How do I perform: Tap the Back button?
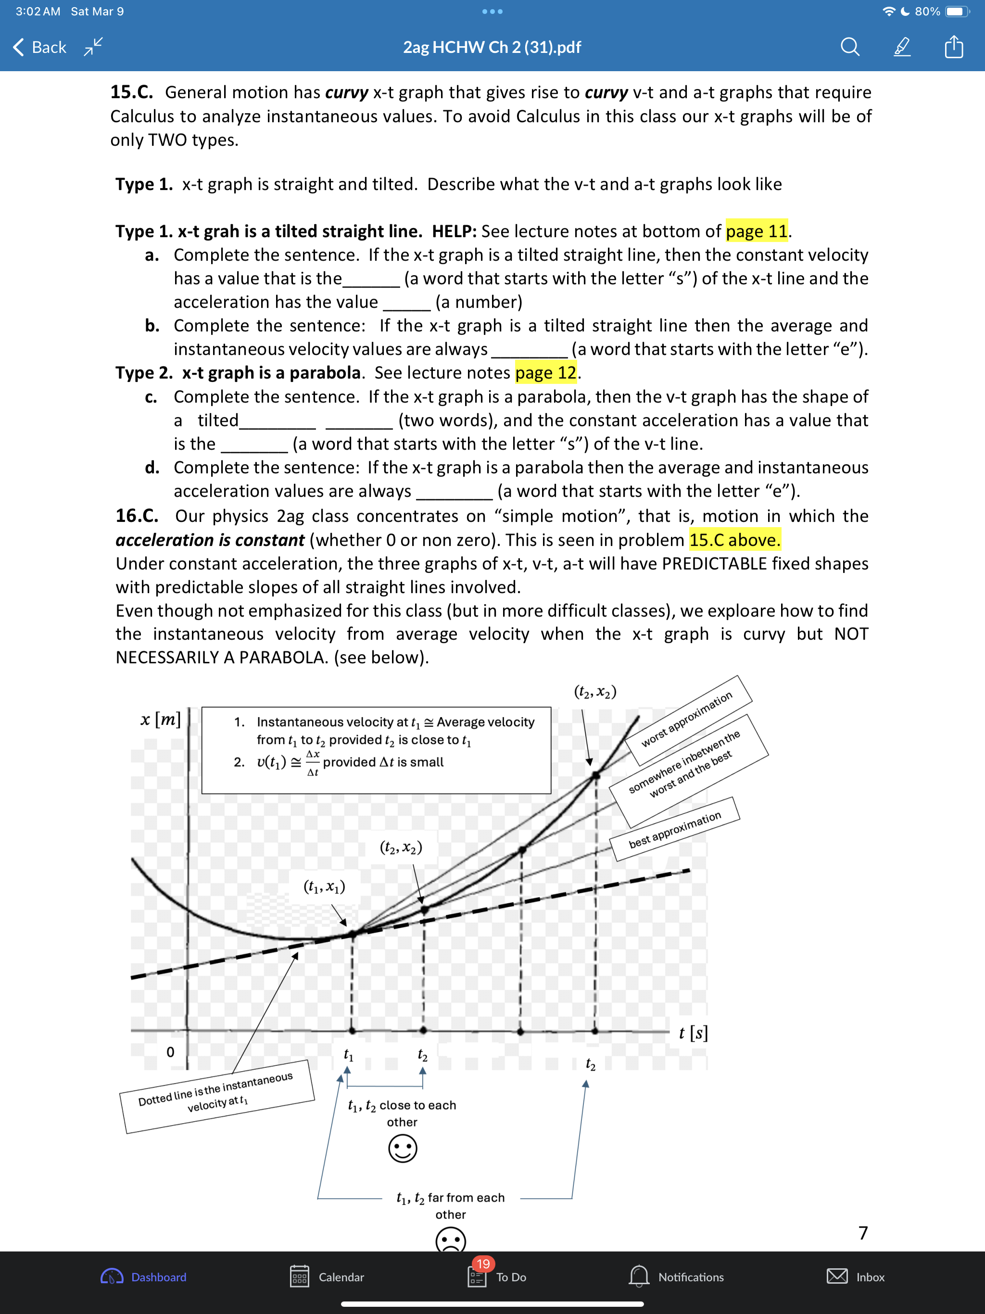(40, 47)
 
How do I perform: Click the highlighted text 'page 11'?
(756, 231)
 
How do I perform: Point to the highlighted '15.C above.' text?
(734, 540)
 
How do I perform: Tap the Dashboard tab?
(144, 1276)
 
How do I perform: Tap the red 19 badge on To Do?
(483, 1264)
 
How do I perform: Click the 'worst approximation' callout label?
(687, 720)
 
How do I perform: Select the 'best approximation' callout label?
(675, 829)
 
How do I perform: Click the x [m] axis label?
(161, 720)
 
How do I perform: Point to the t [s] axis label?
(693, 1033)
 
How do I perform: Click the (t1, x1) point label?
(324, 886)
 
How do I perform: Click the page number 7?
(863, 1233)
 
